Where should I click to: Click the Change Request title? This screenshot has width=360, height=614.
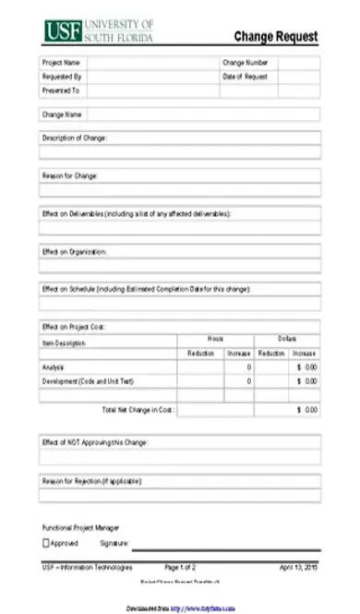point(275,37)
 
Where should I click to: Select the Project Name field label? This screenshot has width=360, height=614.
point(61,63)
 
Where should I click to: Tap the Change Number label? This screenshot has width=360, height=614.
point(245,63)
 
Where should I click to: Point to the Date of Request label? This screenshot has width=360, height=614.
point(245,77)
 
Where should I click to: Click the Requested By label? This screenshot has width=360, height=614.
point(62,77)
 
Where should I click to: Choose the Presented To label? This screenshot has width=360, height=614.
point(61,90)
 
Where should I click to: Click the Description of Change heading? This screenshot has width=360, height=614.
point(75,138)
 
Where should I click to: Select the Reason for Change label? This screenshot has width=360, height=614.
point(70,175)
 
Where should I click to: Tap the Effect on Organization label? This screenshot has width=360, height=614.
point(75,251)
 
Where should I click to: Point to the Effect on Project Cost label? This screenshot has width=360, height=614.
point(75,326)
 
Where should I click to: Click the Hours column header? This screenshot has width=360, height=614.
point(215,340)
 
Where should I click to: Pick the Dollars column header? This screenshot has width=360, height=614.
point(287,340)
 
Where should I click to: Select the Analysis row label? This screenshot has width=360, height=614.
point(54,367)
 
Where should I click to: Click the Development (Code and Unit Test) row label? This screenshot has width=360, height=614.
point(88,380)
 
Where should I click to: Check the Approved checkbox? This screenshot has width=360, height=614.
point(46,544)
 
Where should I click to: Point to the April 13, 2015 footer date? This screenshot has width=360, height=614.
point(298,567)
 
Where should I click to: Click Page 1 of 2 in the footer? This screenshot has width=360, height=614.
point(180,567)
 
